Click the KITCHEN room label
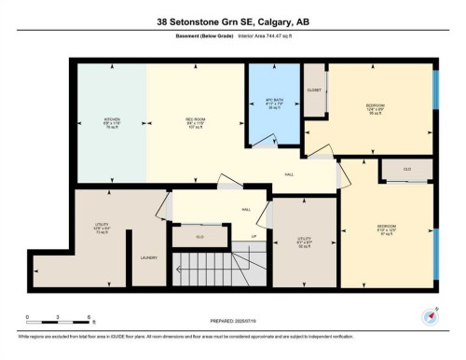pyautogui.click(x=112, y=119)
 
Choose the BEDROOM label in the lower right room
pyautogui.click(x=387, y=227)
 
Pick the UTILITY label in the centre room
pyautogui.click(x=303, y=239)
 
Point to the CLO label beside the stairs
pyautogui.click(x=199, y=237)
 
